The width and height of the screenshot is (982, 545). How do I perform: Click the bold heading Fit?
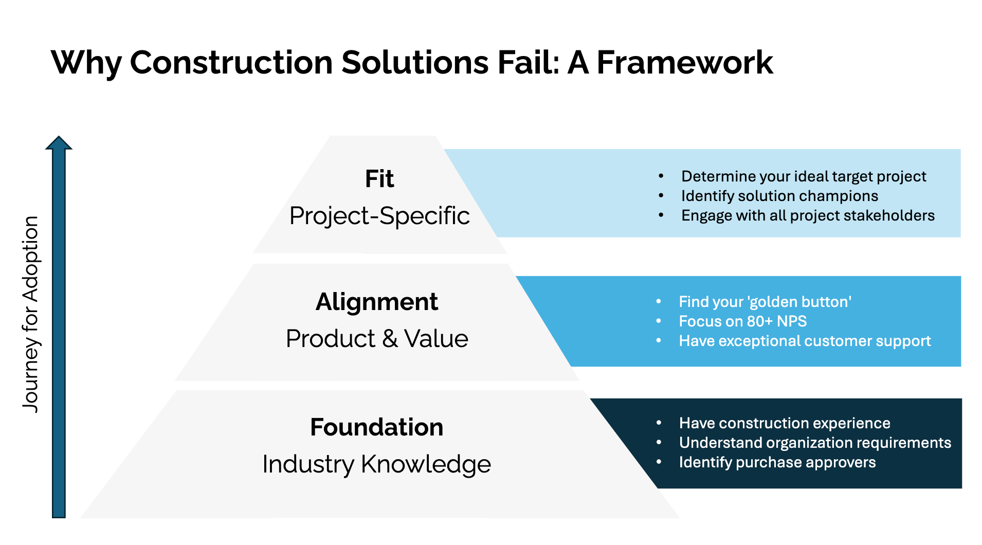point(379,179)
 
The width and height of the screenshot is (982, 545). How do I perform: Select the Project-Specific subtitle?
point(379,216)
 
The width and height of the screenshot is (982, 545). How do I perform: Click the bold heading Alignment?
point(377,302)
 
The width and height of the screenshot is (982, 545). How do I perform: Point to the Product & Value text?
point(377,339)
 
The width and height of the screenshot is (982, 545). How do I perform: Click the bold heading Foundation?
point(377,427)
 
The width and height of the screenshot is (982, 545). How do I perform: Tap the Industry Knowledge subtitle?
point(377,464)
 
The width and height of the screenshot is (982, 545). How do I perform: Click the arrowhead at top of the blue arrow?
point(59,143)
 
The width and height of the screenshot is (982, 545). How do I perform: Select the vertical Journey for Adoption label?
point(31,314)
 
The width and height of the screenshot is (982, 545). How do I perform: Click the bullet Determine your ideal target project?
point(803,176)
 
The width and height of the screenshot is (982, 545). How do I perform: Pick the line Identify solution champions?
point(779,196)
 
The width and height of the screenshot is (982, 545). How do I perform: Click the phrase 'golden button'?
point(799,302)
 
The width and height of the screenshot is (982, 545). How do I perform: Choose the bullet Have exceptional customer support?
point(805,341)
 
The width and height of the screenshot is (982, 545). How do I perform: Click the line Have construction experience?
point(785,423)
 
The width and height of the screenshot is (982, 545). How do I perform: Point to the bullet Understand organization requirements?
point(815,443)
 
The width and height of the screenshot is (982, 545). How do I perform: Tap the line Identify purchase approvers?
point(777,462)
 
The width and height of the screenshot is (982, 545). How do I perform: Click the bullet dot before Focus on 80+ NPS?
point(659,321)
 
